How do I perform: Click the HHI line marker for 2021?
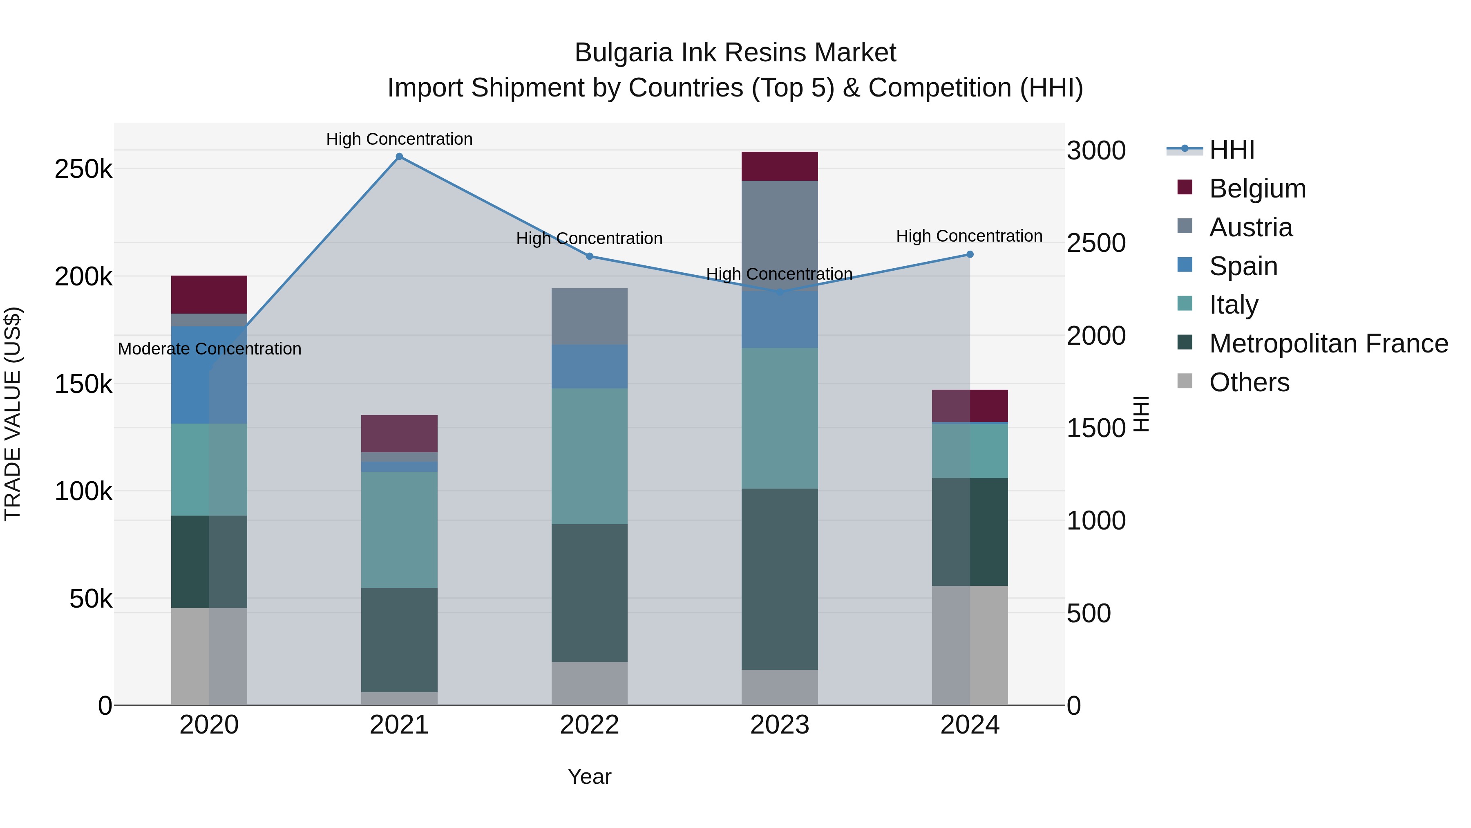[x=399, y=157]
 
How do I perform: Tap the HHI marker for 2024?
[x=970, y=254]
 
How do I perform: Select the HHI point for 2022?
[x=589, y=256]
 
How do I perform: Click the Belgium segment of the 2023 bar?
[x=780, y=166]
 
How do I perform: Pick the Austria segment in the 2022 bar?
[x=589, y=316]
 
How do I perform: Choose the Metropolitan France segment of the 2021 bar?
[x=399, y=640]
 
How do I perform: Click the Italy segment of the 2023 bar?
[x=780, y=418]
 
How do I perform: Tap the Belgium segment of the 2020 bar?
[x=209, y=294]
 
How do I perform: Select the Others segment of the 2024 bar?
[x=970, y=645]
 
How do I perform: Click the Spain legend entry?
[x=1243, y=266]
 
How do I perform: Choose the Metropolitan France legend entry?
[x=1328, y=344]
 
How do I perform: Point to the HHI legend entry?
[x=1232, y=150]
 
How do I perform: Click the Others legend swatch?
[x=1185, y=381]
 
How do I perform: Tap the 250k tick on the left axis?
[x=83, y=169]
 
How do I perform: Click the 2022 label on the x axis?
[x=589, y=725]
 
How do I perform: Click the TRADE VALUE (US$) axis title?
[x=13, y=414]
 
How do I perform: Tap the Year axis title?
[x=589, y=776]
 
